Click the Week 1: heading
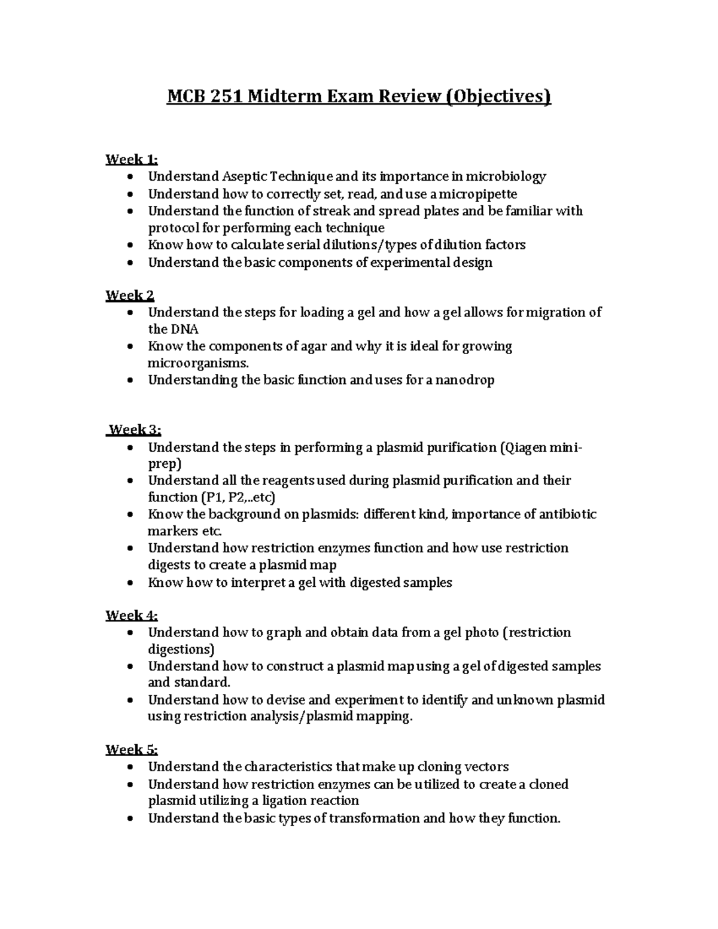132,159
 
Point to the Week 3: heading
135,430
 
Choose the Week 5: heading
132,750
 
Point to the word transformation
373,818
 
